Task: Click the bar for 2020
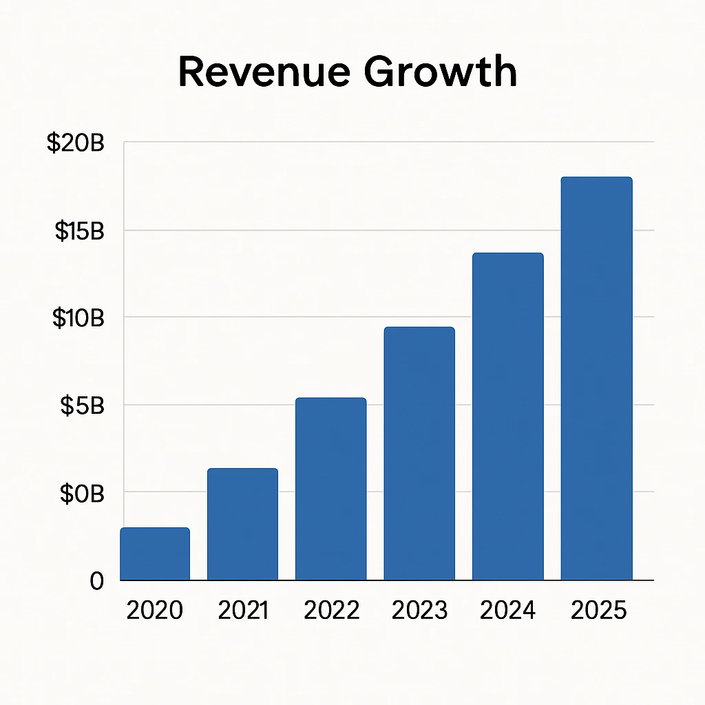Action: coord(155,554)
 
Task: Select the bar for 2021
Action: coord(243,525)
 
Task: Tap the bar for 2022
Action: coord(331,490)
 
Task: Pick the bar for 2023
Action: coord(419,454)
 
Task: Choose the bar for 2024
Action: coord(508,417)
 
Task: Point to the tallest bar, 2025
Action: coord(596,379)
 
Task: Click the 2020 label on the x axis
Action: coord(155,610)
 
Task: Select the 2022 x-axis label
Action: coord(332,610)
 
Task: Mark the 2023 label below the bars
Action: coord(420,610)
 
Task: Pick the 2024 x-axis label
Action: coord(509,610)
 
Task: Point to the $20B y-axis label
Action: coord(75,143)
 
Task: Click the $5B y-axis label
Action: coord(82,406)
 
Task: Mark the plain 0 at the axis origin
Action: coord(96,581)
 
